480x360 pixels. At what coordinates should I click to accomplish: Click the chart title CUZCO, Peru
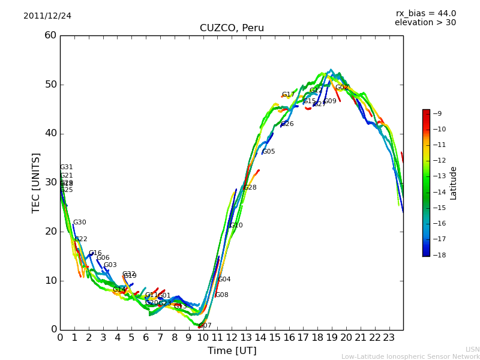[232, 28]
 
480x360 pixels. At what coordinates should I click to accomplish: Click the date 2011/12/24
[47, 16]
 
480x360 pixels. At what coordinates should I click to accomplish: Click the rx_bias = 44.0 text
[425, 13]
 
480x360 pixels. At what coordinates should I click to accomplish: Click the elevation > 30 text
[425, 23]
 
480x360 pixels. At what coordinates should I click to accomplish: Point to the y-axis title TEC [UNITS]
[36, 182]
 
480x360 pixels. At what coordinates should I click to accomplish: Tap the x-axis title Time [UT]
[232, 351]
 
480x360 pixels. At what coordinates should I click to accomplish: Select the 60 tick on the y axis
[50, 35]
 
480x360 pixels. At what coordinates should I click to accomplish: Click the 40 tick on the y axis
[50, 133]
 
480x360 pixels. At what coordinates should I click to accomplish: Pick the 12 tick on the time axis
[232, 337]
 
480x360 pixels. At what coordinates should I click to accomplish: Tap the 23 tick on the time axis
[389, 337]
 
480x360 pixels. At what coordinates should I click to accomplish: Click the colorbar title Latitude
[453, 183]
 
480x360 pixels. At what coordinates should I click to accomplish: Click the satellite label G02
[341, 88]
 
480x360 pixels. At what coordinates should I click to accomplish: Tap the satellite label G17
[288, 95]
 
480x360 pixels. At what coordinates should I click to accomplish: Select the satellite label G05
[268, 152]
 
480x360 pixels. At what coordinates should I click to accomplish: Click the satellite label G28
[250, 188]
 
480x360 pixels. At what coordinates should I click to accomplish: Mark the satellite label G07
[205, 326]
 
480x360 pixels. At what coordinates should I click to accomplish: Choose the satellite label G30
[79, 223]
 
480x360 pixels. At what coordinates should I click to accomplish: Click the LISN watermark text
[472, 349]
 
